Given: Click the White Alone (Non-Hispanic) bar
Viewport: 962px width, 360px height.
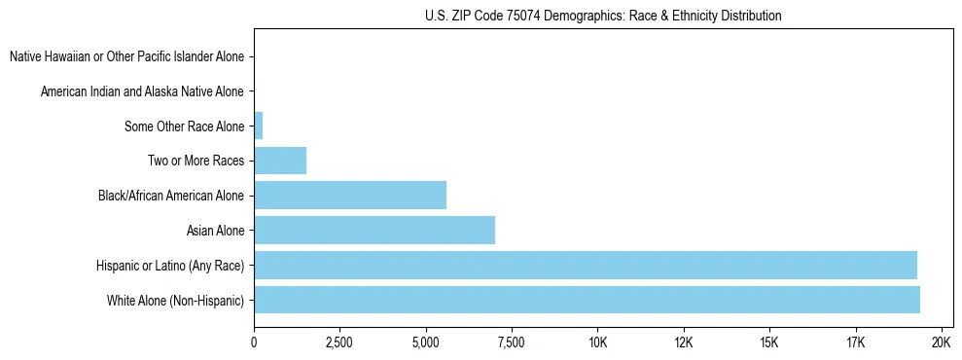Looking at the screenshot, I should pos(587,300).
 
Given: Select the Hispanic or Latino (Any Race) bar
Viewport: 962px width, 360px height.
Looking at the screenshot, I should pos(585,265).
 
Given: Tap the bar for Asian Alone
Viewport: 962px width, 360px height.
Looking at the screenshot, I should pos(374,231).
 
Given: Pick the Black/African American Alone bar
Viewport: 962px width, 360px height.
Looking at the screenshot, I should pos(350,196).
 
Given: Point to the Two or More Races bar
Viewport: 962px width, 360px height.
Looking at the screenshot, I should pos(280,161).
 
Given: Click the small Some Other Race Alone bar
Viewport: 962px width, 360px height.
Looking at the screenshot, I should pos(259,126).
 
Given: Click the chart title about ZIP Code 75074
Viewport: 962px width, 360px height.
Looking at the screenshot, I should pos(603,16).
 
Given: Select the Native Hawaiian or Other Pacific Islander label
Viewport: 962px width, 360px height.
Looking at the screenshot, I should pos(126,57).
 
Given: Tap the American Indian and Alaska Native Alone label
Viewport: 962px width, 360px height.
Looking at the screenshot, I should pos(142,91).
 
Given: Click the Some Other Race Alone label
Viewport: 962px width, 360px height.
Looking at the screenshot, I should pos(184,126).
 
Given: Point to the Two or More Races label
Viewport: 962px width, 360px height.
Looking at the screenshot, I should pos(196,161).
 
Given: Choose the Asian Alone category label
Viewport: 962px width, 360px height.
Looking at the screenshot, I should pos(215,231).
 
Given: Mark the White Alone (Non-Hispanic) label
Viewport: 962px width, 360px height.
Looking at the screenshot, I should pos(176,300).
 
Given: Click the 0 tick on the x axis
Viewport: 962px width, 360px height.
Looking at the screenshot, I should pos(254,342).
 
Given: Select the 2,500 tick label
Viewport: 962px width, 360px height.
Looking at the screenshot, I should pos(339,342).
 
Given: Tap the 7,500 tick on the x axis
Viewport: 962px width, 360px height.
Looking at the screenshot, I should pos(512,342).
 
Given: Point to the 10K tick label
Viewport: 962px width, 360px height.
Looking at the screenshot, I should pos(597,342).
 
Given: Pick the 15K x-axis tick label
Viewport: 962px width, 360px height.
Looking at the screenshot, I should pos(769,342).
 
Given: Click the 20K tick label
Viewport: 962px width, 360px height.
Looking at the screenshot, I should pos(941,342).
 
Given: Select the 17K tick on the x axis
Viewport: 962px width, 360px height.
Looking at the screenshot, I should pos(855,342).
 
